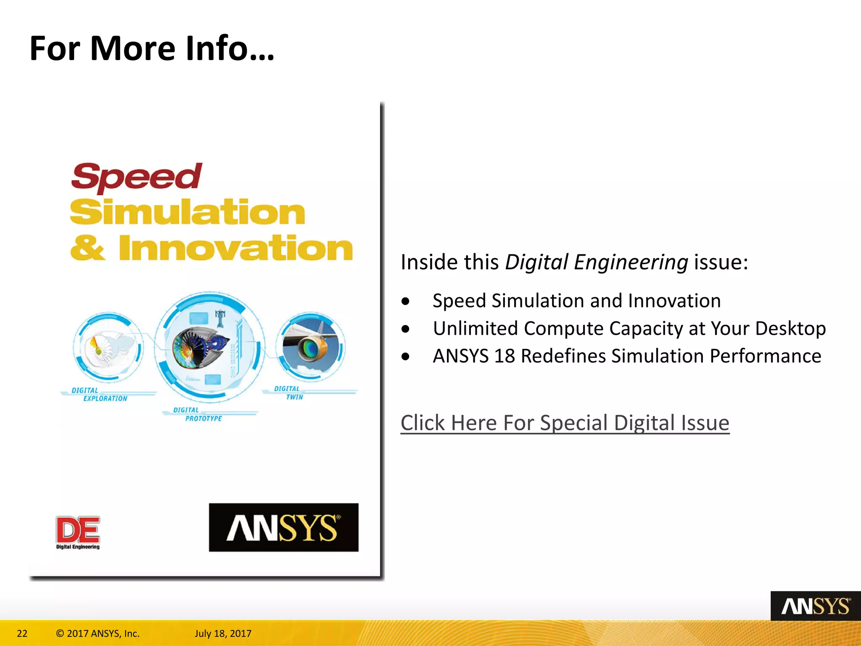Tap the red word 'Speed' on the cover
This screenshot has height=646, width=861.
(x=136, y=177)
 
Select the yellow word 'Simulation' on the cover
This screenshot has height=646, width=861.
(x=188, y=212)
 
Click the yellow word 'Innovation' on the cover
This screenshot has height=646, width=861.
(x=235, y=248)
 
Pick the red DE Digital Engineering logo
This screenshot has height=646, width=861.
(x=78, y=532)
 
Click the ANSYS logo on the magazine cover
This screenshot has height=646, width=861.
(x=284, y=527)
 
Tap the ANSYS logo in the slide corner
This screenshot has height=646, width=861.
(x=815, y=606)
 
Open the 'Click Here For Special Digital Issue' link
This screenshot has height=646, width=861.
(x=565, y=423)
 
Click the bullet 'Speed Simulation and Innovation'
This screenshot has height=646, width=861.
(x=576, y=301)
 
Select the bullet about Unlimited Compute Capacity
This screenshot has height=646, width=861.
(x=629, y=328)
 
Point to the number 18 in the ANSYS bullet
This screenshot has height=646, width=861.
(x=504, y=356)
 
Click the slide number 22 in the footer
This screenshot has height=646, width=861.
(x=22, y=633)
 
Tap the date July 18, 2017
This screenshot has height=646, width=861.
(x=223, y=633)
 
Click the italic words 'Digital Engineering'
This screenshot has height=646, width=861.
(x=597, y=262)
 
